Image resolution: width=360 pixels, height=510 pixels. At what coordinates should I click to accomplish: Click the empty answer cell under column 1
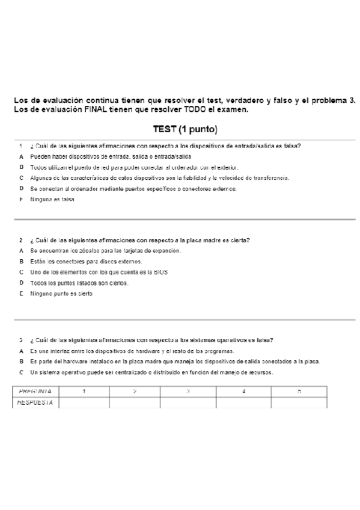tap(84, 402)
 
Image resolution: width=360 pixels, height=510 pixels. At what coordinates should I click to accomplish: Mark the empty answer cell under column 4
tap(243, 402)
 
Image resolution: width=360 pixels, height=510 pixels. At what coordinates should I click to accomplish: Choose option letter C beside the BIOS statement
tap(21, 272)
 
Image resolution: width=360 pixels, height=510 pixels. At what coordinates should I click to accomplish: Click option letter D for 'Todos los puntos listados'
tap(21, 283)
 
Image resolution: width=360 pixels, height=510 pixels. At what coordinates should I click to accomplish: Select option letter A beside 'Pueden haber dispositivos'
tap(21, 156)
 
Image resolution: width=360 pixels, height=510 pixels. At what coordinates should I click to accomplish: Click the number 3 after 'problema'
tap(353, 100)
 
